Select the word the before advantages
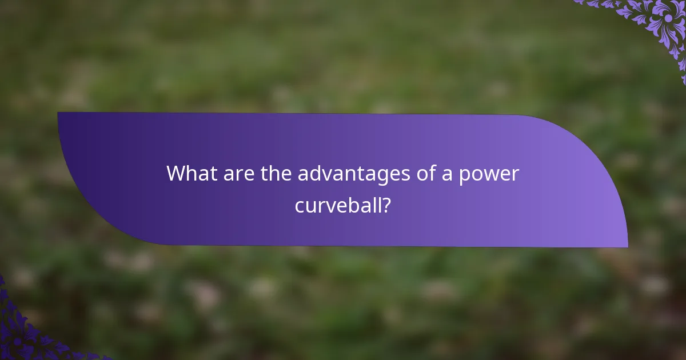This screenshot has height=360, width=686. (277, 174)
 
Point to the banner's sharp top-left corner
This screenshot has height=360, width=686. (58, 113)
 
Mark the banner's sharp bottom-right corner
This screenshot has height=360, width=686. (627, 247)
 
